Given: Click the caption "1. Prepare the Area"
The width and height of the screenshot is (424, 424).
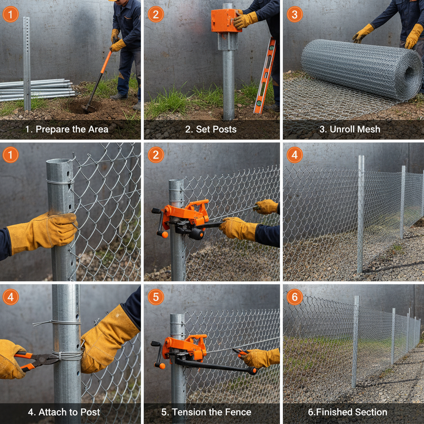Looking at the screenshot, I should (x=67, y=129).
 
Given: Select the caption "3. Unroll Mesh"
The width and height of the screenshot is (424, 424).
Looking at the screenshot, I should (x=349, y=129).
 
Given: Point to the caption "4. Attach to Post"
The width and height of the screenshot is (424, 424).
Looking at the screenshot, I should (x=64, y=412).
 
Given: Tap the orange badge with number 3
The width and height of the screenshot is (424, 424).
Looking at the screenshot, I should (x=294, y=14).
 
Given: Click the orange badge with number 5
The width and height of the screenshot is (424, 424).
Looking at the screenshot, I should (x=156, y=297).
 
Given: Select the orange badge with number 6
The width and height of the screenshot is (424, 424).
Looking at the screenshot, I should (x=294, y=297).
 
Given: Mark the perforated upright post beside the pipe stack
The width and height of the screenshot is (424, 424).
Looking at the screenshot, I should (x=26, y=62).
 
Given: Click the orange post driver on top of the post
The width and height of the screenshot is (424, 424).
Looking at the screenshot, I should (x=226, y=21).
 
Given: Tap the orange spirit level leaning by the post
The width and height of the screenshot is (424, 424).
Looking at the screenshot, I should (x=265, y=77).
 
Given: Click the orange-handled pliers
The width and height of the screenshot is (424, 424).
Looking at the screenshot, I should (x=35, y=360).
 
